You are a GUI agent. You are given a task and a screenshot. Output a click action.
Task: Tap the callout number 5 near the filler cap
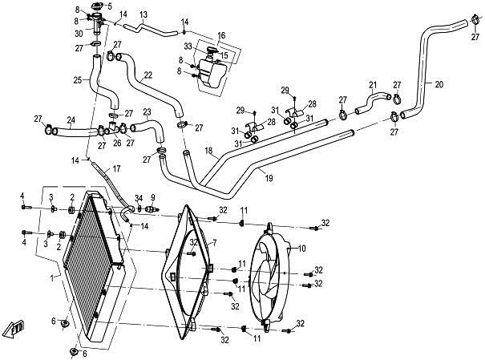[110, 6]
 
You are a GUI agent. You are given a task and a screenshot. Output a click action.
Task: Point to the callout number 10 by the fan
[302, 249]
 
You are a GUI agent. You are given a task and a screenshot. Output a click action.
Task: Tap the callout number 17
[117, 169]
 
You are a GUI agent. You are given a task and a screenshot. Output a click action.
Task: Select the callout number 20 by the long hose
[439, 83]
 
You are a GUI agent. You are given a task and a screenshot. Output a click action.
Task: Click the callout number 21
[373, 85]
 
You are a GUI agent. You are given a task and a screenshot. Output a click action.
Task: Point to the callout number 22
[148, 75]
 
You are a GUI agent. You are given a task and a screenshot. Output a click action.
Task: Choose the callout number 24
[71, 120]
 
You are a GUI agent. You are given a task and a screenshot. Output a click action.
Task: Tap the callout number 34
[138, 199]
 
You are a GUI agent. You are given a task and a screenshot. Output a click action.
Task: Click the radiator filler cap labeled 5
[97, 10]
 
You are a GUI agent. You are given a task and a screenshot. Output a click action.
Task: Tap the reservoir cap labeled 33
[211, 54]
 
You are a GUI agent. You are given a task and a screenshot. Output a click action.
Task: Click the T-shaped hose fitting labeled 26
[115, 128]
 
